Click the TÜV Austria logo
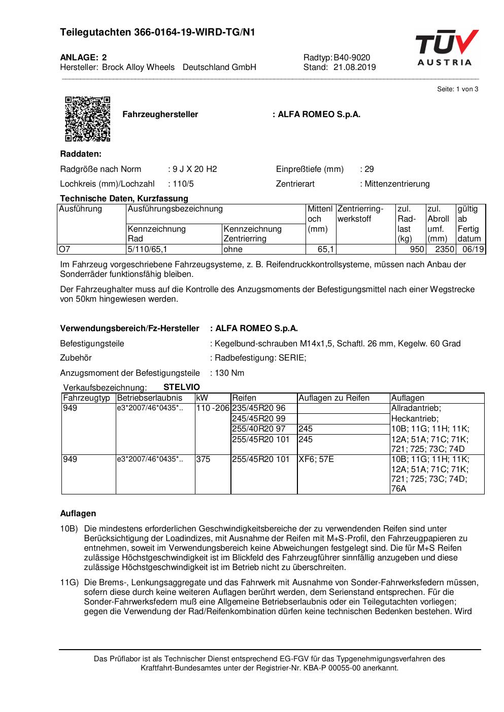[447, 48]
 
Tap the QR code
[87, 119]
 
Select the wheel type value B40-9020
[352, 58]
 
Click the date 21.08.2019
[355, 67]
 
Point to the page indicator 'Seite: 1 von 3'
[457, 89]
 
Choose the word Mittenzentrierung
[397, 184]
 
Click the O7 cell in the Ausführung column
[64, 250]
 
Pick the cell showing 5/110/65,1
[149, 250]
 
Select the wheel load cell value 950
[417, 250]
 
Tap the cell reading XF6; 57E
[316, 459]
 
